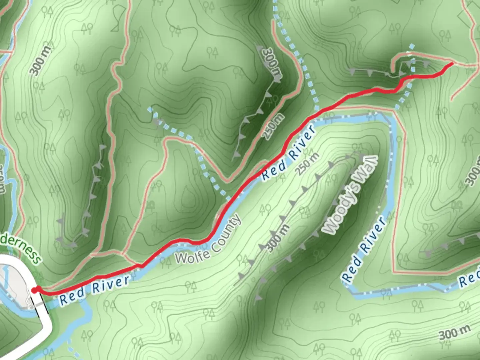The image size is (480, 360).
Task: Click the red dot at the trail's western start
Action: tap(35, 290)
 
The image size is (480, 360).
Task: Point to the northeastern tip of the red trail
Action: tap(451, 63)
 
